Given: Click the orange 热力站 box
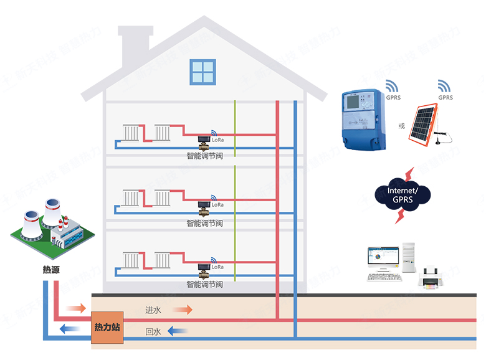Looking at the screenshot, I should click(x=107, y=327).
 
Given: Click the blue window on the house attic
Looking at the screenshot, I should click(x=202, y=72).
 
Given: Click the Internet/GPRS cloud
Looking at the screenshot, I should click(x=403, y=195).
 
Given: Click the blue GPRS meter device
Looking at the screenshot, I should click(x=364, y=118).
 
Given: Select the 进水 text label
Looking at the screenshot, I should click(x=153, y=310).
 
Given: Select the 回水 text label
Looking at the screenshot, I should click(x=153, y=332).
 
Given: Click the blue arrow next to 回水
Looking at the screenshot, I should click(x=178, y=331).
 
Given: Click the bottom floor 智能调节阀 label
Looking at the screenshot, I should click(x=204, y=284).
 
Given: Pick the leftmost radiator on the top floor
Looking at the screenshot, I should click(x=131, y=133).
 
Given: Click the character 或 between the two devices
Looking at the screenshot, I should click(x=401, y=126).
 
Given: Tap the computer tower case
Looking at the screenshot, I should click(x=409, y=258).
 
